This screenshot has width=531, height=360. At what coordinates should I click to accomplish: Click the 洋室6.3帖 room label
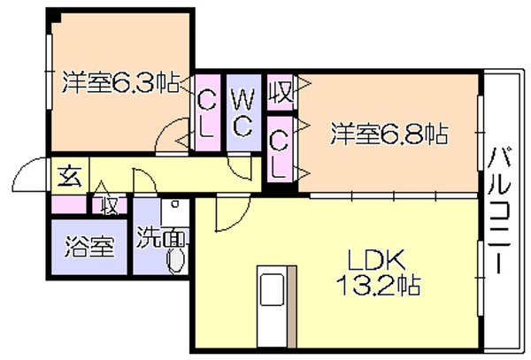click(x=120, y=82)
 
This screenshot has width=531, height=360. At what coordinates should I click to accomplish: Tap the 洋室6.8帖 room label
click(x=389, y=134)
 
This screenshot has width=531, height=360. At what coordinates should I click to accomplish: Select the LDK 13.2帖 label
click(x=378, y=273)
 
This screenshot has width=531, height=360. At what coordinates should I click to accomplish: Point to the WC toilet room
click(x=243, y=112)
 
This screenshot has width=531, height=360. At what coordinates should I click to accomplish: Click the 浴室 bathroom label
click(x=89, y=246)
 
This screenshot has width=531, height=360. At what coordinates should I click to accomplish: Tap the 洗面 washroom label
click(x=161, y=238)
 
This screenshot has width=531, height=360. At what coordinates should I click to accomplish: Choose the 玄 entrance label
click(x=70, y=177)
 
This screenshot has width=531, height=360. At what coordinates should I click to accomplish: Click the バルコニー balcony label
click(x=499, y=211)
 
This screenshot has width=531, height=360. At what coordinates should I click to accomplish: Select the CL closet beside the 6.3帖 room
click(x=207, y=112)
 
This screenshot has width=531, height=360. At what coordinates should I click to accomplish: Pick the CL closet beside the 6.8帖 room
click(x=280, y=149)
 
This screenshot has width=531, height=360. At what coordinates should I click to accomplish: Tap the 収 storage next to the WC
click(x=280, y=92)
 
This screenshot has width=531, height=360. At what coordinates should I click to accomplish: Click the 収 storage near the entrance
click(x=110, y=205)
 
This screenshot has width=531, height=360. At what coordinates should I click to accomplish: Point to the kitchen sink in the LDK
click(x=272, y=289)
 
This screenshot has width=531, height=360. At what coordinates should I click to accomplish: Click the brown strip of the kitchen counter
click(x=292, y=307)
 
